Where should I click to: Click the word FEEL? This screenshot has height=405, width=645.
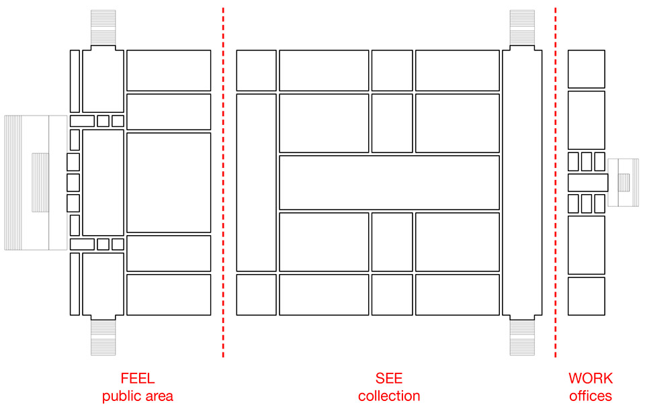pos(137,378)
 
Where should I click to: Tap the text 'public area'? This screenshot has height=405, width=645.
pos(137,396)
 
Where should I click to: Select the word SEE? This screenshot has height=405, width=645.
pos(389,378)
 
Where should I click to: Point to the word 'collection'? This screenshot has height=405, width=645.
pos(389,396)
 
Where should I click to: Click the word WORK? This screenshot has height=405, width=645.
pos(591,378)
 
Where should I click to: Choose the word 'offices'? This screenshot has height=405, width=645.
pos(591,396)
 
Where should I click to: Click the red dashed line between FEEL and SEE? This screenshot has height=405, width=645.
pos(223,182)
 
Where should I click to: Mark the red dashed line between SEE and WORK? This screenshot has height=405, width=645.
pos(556,182)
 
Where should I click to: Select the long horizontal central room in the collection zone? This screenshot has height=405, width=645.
pos(389,183)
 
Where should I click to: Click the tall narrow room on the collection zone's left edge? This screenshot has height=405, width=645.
pos(256,183)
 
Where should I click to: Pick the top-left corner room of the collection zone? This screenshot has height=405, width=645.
pos(256,71)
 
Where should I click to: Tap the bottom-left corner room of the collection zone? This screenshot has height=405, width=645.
pos(256,295)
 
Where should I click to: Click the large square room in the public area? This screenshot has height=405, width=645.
pos(169,183)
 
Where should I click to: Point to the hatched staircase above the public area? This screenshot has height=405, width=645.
pos(103,28)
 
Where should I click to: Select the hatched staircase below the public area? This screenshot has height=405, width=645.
pos(103,338)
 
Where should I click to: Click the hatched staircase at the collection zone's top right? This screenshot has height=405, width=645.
pos(522,28)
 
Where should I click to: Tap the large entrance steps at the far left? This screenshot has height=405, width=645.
pos(36,183)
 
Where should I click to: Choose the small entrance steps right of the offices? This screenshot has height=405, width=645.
pos(623,183)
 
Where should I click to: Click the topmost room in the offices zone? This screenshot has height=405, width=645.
pos(586,69)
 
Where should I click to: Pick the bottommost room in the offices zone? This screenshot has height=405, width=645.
pos(586,296)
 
